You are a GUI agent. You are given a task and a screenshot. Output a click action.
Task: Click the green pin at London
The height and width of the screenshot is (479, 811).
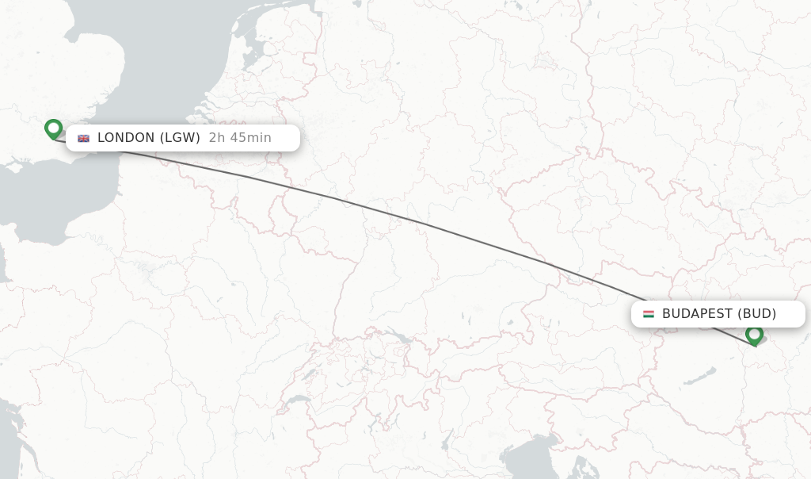(x=53, y=128)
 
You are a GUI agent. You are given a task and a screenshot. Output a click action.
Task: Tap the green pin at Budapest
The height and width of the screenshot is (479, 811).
(x=754, y=334)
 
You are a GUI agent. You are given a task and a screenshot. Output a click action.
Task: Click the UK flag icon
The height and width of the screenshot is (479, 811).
(x=83, y=138)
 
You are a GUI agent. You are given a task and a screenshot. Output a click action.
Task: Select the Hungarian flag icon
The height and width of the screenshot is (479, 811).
(x=649, y=314)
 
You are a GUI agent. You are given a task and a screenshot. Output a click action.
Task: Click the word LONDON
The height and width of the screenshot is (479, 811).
(x=126, y=138)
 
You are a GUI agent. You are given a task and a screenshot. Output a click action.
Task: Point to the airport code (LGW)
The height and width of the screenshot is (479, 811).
(x=180, y=138)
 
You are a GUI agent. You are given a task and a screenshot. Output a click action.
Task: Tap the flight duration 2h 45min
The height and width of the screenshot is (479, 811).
(x=240, y=138)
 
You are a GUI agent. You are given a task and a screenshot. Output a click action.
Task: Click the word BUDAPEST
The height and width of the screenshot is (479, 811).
(x=697, y=314)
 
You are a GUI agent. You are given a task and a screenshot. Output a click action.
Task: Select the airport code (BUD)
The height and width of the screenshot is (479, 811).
(x=757, y=314)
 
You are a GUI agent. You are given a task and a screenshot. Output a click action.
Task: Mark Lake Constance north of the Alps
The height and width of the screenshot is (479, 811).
(x=401, y=338)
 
